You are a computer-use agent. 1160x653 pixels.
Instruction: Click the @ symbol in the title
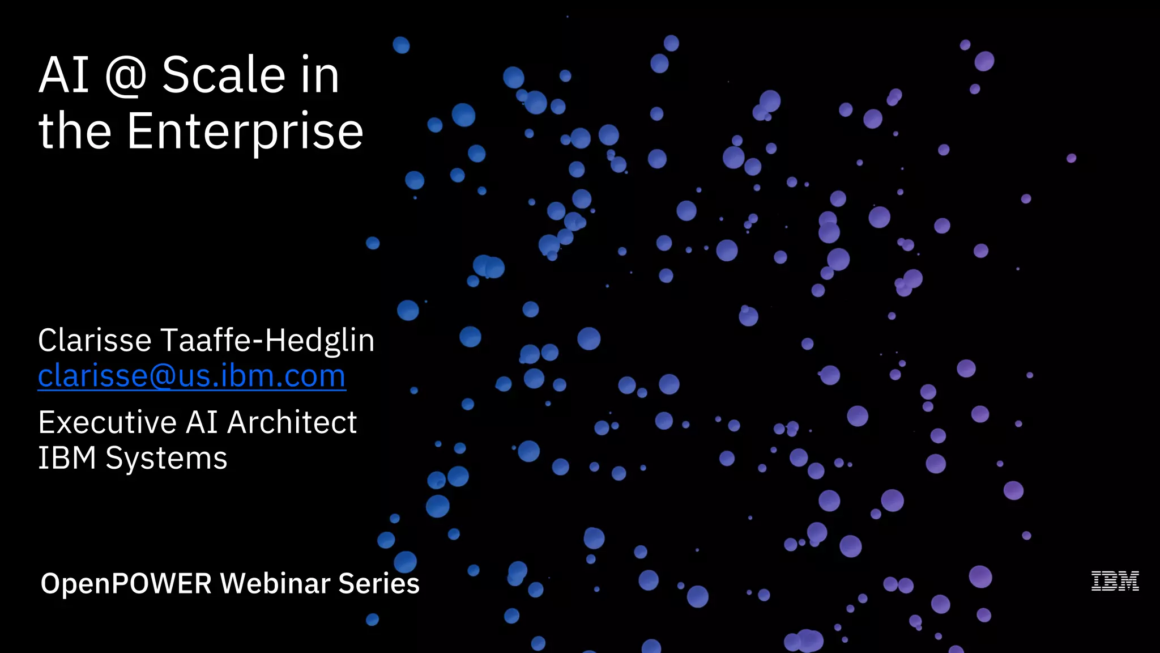pyautogui.click(x=126, y=76)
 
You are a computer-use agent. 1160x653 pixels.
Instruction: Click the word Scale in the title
pyautogui.click(x=223, y=75)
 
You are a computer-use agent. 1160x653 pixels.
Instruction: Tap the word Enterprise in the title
pyautogui.click(x=245, y=132)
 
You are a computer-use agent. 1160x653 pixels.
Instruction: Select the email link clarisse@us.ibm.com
pyautogui.click(x=191, y=376)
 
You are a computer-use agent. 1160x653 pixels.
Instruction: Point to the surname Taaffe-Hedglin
pyautogui.click(x=267, y=340)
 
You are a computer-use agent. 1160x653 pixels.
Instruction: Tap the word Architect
pyautogui.click(x=292, y=422)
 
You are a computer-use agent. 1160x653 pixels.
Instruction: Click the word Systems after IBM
pyautogui.click(x=166, y=458)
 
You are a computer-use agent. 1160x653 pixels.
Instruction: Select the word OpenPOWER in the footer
pyautogui.click(x=126, y=583)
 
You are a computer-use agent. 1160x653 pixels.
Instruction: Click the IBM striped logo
pyautogui.click(x=1115, y=582)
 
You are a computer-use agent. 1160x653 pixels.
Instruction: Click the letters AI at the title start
pyautogui.click(x=63, y=75)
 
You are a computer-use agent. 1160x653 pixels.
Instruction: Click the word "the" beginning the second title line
pyautogui.click(x=74, y=132)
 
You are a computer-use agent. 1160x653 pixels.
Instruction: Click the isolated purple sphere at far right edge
pyautogui.click(x=1071, y=158)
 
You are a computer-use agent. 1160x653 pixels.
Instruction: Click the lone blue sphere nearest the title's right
pyautogui.click(x=401, y=45)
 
